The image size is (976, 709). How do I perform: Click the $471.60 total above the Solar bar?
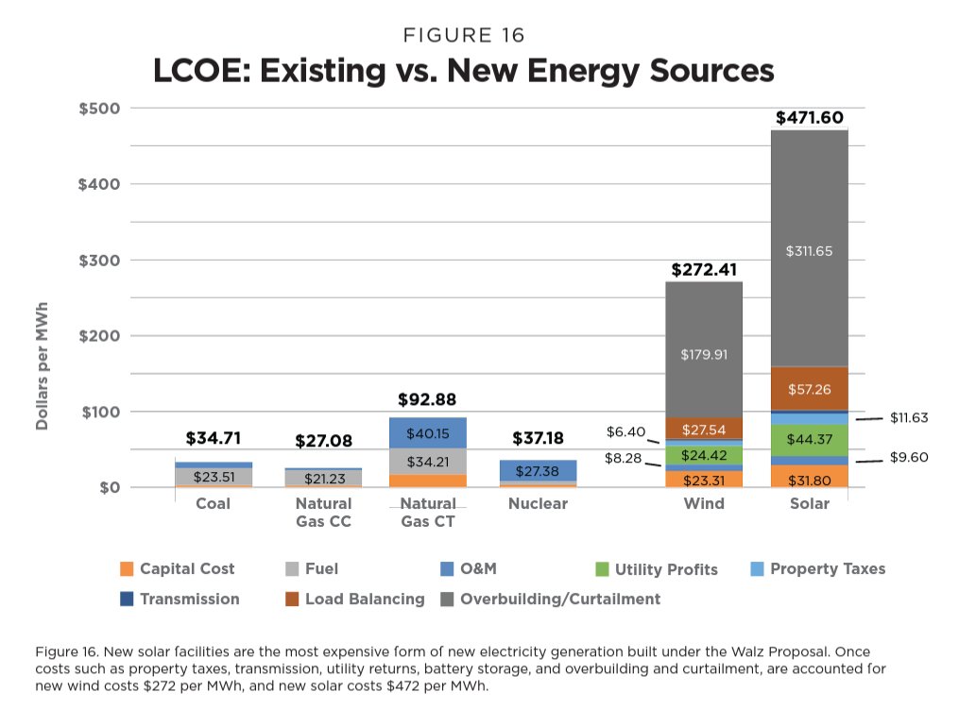coord(809,118)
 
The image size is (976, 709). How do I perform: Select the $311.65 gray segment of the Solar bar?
coord(809,251)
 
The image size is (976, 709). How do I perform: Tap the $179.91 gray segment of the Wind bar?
coord(704,355)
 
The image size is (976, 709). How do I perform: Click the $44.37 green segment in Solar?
coord(809,439)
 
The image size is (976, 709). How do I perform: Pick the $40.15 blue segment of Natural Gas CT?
coord(428,433)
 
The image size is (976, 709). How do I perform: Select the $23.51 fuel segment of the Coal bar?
coord(214,477)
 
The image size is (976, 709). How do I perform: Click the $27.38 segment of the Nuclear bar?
coord(538,470)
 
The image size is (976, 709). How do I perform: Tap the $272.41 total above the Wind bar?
coord(704,270)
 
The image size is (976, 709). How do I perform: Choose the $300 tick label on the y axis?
coord(99,261)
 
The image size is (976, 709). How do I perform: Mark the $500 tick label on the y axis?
coord(99,109)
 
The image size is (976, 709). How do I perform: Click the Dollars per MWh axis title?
coord(43,366)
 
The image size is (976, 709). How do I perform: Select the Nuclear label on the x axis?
coord(538,503)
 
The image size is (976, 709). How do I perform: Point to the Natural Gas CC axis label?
coord(323,512)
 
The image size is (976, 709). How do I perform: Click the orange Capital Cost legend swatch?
coord(128,568)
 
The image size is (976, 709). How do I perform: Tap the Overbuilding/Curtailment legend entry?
coord(559,599)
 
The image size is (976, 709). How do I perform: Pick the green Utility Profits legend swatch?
coord(601,568)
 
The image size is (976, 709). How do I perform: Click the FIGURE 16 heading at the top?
coord(464,36)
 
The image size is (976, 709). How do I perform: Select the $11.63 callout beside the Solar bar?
coord(909,416)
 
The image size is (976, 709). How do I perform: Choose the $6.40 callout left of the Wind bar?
coord(625,432)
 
